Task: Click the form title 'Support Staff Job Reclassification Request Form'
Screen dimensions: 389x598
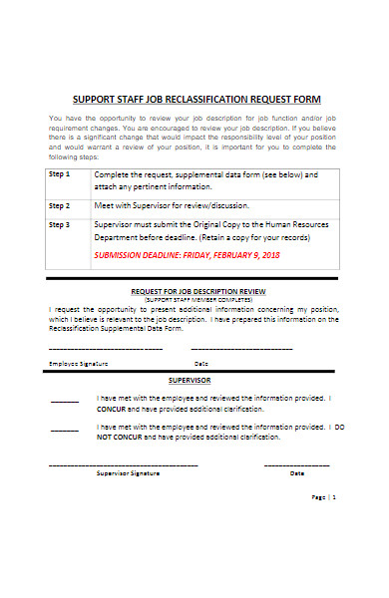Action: pyautogui.click(x=196, y=99)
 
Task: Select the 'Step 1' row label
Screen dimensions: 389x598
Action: pyautogui.click(x=60, y=173)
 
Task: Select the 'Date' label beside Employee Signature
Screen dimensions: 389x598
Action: pyautogui.click(x=201, y=363)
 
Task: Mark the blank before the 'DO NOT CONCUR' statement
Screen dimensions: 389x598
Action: pyautogui.click(x=65, y=430)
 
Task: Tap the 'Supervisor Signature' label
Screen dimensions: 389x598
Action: pyautogui.click(x=128, y=473)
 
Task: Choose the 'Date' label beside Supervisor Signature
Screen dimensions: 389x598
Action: pyautogui.click(x=296, y=473)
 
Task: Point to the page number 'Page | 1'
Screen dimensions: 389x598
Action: pyautogui.click(x=323, y=524)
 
